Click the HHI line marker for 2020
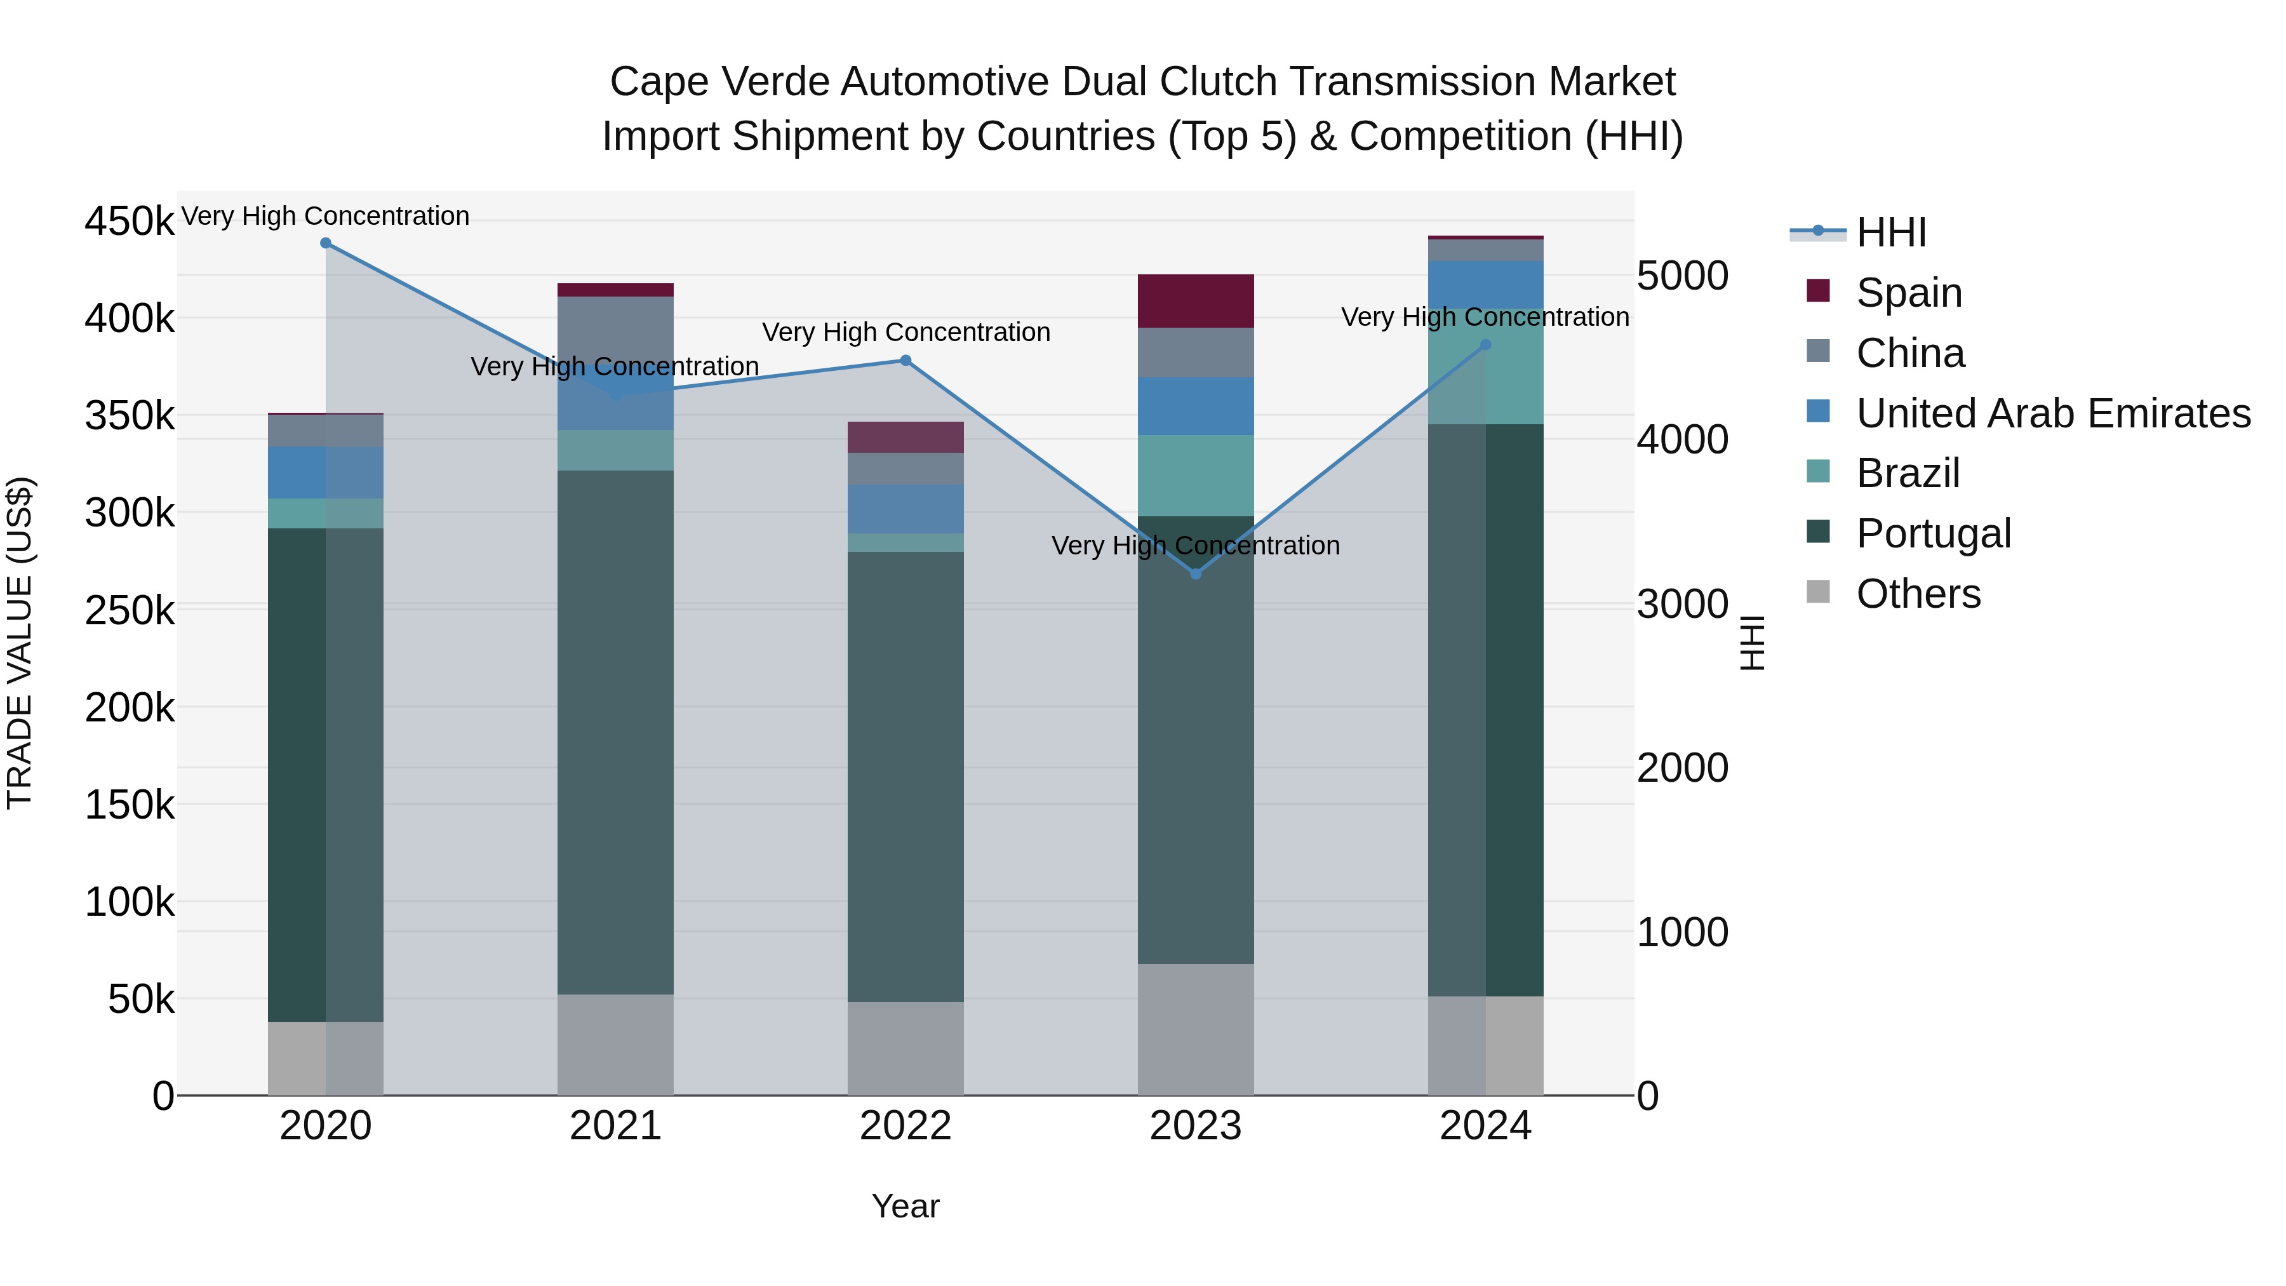(326, 243)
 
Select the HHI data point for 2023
(1195, 574)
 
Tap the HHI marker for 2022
(905, 360)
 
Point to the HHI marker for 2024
(1485, 345)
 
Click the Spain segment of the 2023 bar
(1195, 301)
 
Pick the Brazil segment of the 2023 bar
(1195, 476)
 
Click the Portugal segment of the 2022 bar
(905, 777)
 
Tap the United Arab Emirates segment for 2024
(1485, 285)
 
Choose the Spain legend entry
(1908, 293)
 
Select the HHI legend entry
(1890, 232)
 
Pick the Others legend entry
(1918, 594)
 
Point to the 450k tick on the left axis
(130, 221)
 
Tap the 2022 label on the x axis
(905, 1126)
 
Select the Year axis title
(905, 1206)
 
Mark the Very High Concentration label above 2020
(326, 216)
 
